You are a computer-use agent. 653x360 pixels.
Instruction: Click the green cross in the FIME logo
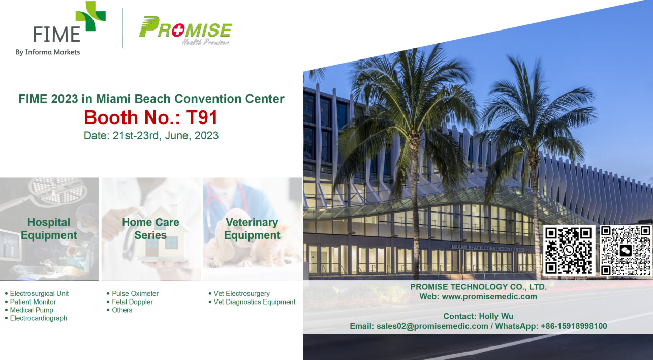[90, 16]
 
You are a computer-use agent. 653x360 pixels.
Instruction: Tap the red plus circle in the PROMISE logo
[177, 31]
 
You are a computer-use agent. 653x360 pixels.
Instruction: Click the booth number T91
[202, 117]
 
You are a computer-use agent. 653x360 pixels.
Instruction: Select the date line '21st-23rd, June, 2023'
[166, 136]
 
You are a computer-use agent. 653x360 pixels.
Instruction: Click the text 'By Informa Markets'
[48, 52]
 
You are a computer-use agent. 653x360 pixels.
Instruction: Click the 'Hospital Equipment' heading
[49, 229]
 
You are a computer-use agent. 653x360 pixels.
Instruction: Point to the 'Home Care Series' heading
[150, 229]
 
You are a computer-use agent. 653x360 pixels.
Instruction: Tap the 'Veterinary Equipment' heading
[252, 229]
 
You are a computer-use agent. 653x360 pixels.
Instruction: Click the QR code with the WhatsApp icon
[569, 250]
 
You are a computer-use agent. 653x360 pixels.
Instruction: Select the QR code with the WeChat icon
[626, 250]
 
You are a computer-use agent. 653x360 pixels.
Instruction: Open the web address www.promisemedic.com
[489, 296]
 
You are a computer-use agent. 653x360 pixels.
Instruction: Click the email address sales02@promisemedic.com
[432, 326]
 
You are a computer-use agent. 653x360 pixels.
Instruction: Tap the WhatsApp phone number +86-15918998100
[574, 326]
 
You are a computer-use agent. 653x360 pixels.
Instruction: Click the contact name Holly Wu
[496, 316]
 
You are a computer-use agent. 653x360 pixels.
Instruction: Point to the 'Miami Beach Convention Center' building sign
[488, 248]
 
